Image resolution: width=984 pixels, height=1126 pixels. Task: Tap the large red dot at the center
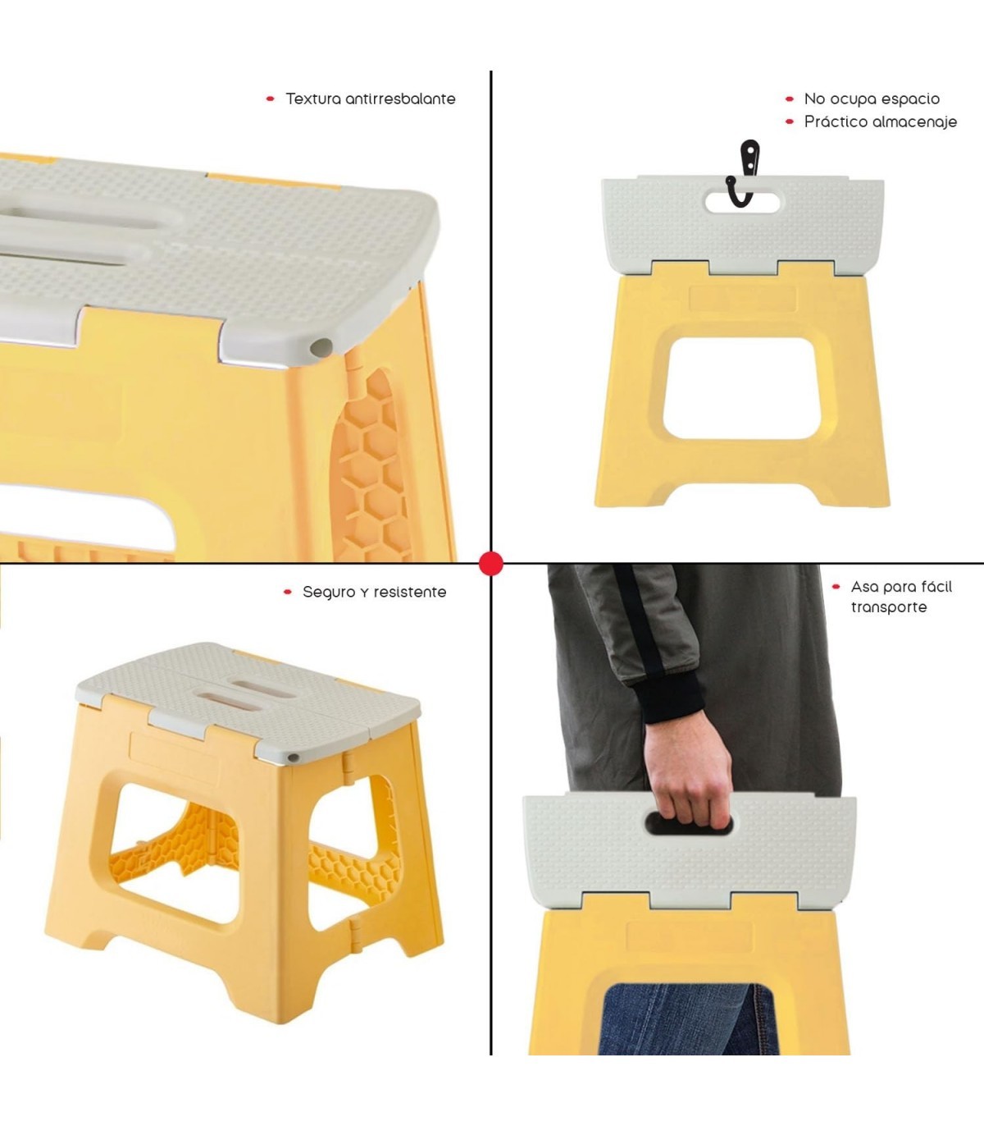(491, 564)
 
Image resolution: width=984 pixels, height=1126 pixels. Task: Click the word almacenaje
(914, 122)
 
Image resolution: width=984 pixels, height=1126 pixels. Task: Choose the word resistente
(410, 593)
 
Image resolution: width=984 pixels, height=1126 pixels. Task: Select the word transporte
(889, 607)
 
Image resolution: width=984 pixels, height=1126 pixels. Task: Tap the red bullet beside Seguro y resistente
(288, 593)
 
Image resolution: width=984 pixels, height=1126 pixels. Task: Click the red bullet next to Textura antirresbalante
(270, 99)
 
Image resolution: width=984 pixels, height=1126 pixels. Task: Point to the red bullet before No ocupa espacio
(790, 99)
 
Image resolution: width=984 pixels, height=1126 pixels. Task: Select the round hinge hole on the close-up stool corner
(321, 347)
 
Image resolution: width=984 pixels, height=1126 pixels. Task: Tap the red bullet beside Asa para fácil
(836, 587)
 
